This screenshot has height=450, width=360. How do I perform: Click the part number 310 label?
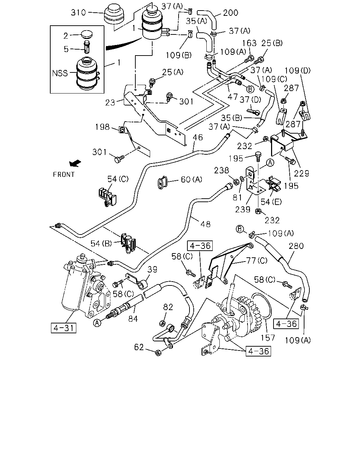[x=78, y=13]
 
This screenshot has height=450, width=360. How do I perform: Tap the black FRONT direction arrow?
[x=75, y=163]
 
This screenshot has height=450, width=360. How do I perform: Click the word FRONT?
[x=64, y=174]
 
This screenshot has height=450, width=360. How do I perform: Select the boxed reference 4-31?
[x=64, y=328]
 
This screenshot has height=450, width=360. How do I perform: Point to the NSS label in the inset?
[x=60, y=73]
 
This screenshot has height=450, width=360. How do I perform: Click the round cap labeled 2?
[x=86, y=34]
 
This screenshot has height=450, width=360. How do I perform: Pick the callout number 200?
[x=231, y=13]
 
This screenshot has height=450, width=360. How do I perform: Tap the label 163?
[x=249, y=43]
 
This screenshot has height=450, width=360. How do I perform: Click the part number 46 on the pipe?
[x=198, y=137]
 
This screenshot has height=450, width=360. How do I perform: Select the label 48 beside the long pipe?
[x=205, y=224]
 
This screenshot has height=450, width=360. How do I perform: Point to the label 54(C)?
[x=118, y=179]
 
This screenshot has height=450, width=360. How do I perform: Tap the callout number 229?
[x=301, y=173]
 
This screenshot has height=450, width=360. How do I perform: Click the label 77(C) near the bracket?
[x=257, y=261]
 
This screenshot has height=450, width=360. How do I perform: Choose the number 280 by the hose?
[x=296, y=246]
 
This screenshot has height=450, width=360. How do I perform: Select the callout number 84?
[x=133, y=319]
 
